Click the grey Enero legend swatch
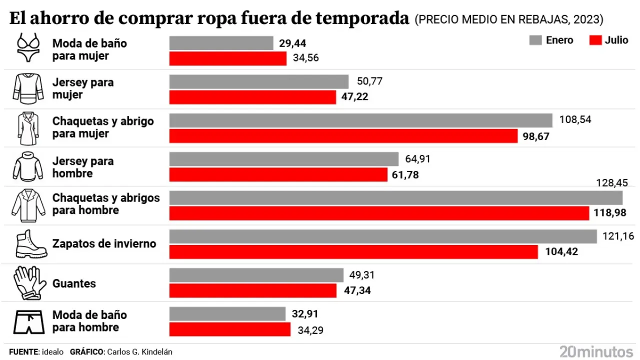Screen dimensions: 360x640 pyautogui.click(x=535, y=40)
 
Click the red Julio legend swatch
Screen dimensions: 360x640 pyautogui.click(x=595, y=40)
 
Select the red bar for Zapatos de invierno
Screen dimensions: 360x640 pyautogui.click(x=353, y=251)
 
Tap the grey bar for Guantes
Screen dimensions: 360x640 pyautogui.click(x=256, y=275)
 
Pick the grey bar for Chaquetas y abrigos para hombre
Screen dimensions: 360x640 pyautogui.click(x=396, y=197)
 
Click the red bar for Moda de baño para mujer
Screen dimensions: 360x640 pyautogui.click(x=228, y=58)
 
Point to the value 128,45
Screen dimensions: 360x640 pyautogui.click(x=612, y=182)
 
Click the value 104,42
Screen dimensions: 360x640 pyautogui.click(x=561, y=251)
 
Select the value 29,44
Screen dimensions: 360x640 pyautogui.click(x=292, y=43)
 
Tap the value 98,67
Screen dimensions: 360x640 pyautogui.click(x=536, y=136)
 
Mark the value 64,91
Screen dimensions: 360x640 pyautogui.click(x=414, y=159)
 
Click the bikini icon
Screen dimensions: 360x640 pyautogui.click(x=28, y=48)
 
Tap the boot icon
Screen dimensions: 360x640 pyautogui.click(x=29, y=244)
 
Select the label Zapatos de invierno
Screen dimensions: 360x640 pyautogui.click(x=104, y=244)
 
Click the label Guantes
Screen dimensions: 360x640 pyautogui.click(x=74, y=283)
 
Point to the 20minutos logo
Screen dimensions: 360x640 pyautogui.click(x=596, y=350)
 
